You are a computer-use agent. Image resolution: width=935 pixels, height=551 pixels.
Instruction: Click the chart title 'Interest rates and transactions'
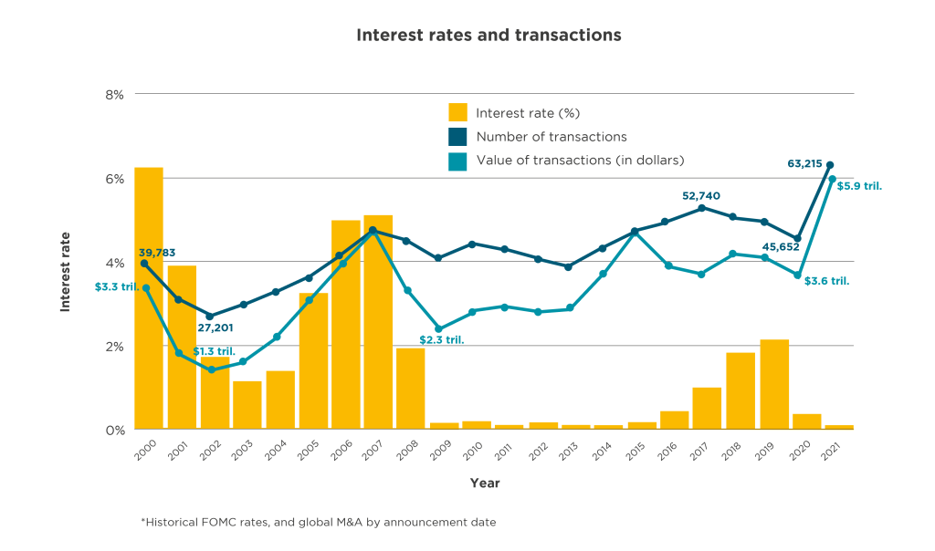(489, 36)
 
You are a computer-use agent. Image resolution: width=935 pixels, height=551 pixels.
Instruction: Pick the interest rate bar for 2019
(773, 384)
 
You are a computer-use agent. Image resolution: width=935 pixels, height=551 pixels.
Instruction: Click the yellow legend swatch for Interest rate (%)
(457, 113)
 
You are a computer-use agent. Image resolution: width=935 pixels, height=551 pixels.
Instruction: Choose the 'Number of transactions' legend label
(552, 137)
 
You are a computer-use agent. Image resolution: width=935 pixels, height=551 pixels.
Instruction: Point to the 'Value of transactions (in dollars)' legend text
(580, 161)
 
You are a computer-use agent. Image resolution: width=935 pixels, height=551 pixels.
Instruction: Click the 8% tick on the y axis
(117, 94)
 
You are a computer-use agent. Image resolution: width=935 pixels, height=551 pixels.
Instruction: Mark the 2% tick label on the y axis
(117, 347)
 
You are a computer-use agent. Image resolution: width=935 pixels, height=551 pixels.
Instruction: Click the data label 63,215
(804, 164)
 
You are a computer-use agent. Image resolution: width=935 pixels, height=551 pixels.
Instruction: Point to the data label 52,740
(701, 195)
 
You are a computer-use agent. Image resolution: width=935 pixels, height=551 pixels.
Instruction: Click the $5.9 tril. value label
(859, 185)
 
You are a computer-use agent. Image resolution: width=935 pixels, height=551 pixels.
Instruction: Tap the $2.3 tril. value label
(442, 340)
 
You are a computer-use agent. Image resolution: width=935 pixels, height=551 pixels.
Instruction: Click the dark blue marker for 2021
(830, 165)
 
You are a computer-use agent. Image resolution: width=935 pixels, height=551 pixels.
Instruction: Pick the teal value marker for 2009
(438, 329)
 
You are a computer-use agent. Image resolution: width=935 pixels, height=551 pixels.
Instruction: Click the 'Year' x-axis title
(485, 483)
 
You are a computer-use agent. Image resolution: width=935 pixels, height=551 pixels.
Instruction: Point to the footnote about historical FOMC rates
(318, 523)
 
